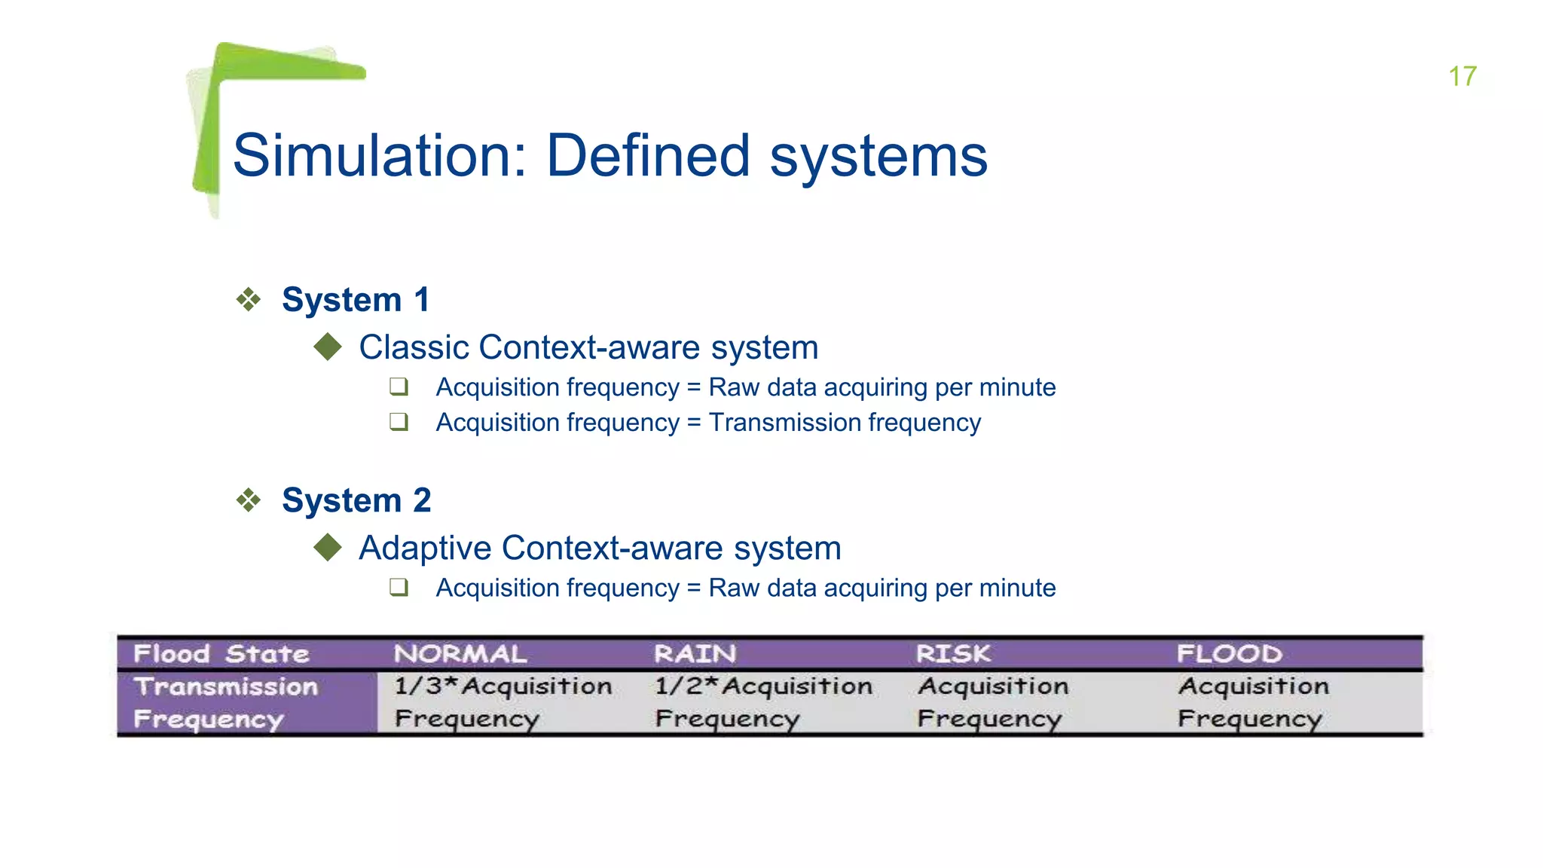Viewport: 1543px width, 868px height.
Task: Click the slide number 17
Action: tap(1462, 76)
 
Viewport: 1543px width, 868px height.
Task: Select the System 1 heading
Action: tap(356, 300)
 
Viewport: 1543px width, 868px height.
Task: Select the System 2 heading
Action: tap(356, 500)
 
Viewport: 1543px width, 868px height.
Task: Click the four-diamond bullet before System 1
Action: tap(249, 300)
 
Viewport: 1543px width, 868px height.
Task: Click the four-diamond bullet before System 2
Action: tap(249, 500)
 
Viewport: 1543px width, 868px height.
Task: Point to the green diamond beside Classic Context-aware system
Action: tap(328, 347)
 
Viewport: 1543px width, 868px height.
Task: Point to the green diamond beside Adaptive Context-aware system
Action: tap(328, 548)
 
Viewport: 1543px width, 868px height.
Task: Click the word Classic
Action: tap(414, 347)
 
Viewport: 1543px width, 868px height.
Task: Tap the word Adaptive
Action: tap(425, 548)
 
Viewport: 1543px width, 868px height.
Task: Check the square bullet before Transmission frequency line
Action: tap(399, 422)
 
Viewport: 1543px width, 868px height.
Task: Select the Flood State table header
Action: tap(222, 653)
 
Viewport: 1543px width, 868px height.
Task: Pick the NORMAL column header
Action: tap(460, 653)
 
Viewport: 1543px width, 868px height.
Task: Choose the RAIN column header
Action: tap(695, 653)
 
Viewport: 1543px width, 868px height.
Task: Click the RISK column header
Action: tap(954, 653)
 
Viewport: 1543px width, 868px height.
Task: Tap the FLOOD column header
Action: tap(1230, 653)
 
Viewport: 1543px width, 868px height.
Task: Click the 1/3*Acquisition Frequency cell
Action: tap(503, 702)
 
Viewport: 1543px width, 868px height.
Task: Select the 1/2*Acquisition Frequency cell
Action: tap(763, 702)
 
